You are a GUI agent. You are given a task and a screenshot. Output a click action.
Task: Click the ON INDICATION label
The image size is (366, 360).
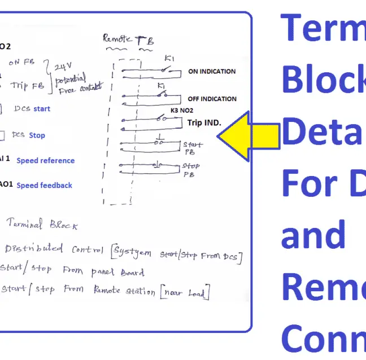click(212, 72)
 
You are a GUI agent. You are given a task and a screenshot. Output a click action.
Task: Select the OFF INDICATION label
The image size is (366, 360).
click(212, 99)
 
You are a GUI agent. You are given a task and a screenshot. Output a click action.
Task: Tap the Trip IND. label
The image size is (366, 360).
click(204, 122)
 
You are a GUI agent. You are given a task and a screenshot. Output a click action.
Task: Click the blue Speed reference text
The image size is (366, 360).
click(45, 161)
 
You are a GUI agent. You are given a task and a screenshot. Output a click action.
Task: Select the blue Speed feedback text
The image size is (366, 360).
click(44, 185)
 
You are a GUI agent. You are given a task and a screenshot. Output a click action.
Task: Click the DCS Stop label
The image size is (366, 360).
click(28, 135)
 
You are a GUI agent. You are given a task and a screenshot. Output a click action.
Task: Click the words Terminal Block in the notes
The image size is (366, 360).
click(42, 225)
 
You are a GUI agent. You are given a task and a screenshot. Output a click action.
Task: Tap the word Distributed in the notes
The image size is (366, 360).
click(33, 249)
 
